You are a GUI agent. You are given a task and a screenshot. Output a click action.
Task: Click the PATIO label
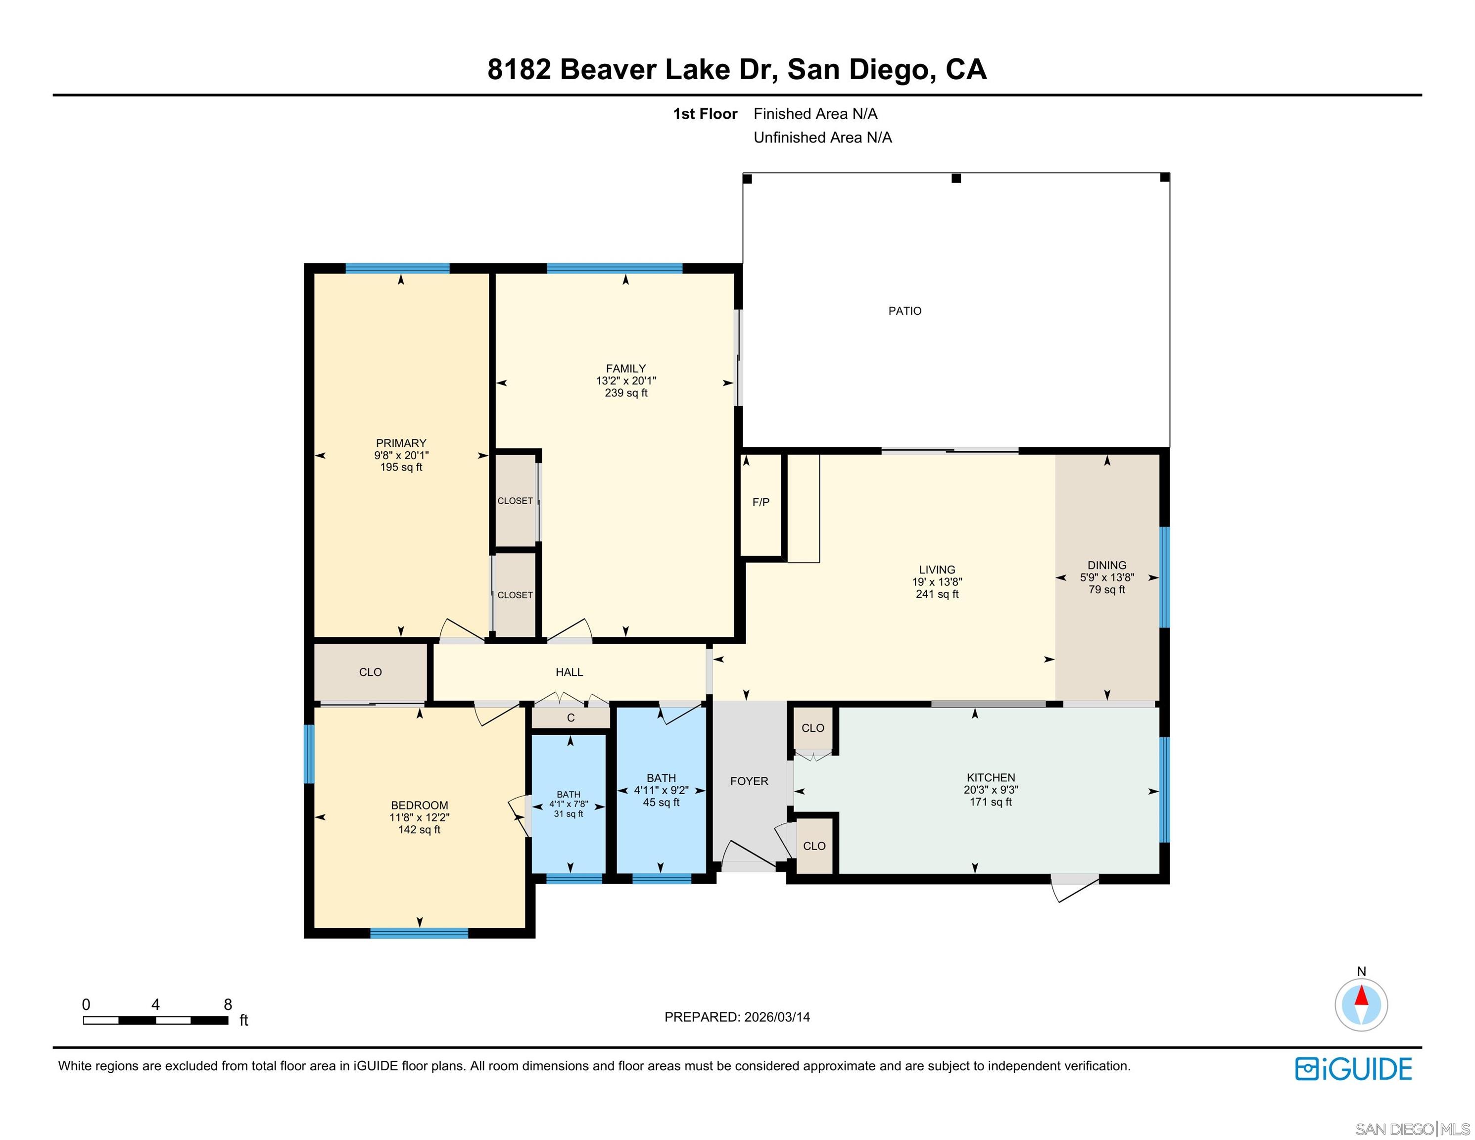point(904,311)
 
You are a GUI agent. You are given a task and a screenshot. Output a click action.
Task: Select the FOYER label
point(749,781)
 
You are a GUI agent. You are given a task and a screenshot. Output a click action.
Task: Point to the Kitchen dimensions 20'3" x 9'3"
point(990,790)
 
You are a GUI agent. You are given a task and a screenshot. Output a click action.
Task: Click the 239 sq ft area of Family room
point(625,393)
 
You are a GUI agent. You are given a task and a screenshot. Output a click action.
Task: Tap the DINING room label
point(1106,565)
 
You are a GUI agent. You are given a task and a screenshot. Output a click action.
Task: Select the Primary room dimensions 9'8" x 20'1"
point(401,455)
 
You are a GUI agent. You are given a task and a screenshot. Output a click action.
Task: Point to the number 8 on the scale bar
point(228,1004)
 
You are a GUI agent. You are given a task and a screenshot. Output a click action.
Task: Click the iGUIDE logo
point(1353,1068)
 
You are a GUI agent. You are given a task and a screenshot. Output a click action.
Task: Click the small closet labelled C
point(571,718)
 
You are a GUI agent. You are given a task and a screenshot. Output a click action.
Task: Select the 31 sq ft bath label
point(568,814)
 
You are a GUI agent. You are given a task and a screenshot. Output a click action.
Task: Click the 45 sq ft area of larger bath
point(661,803)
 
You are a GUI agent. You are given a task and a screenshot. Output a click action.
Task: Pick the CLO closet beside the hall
point(370,672)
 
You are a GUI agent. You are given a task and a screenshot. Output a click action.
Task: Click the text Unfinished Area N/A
point(822,138)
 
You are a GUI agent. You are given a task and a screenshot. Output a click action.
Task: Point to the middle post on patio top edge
point(955,178)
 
